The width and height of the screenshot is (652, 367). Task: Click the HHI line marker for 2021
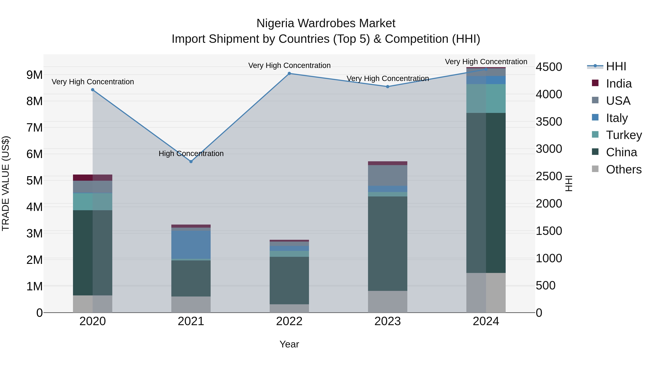(x=191, y=162)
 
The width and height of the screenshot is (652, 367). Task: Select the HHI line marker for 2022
(x=289, y=73)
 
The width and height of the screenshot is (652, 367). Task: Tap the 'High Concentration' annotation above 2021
(x=191, y=154)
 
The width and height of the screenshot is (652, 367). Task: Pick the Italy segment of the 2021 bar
(x=191, y=244)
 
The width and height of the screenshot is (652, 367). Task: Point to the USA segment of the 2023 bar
(x=388, y=175)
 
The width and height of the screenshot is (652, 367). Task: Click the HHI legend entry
(x=616, y=66)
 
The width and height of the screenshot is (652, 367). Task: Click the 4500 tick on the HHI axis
(x=549, y=67)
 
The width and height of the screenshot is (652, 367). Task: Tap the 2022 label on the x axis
(x=289, y=321)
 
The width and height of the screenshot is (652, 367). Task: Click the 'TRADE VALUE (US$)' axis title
(x=6, y=183)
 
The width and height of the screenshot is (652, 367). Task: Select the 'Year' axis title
(x=289, y=344)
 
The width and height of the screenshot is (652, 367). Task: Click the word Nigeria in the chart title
(x=275, y=23)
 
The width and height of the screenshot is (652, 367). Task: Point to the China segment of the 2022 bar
(x=289, y=280)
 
